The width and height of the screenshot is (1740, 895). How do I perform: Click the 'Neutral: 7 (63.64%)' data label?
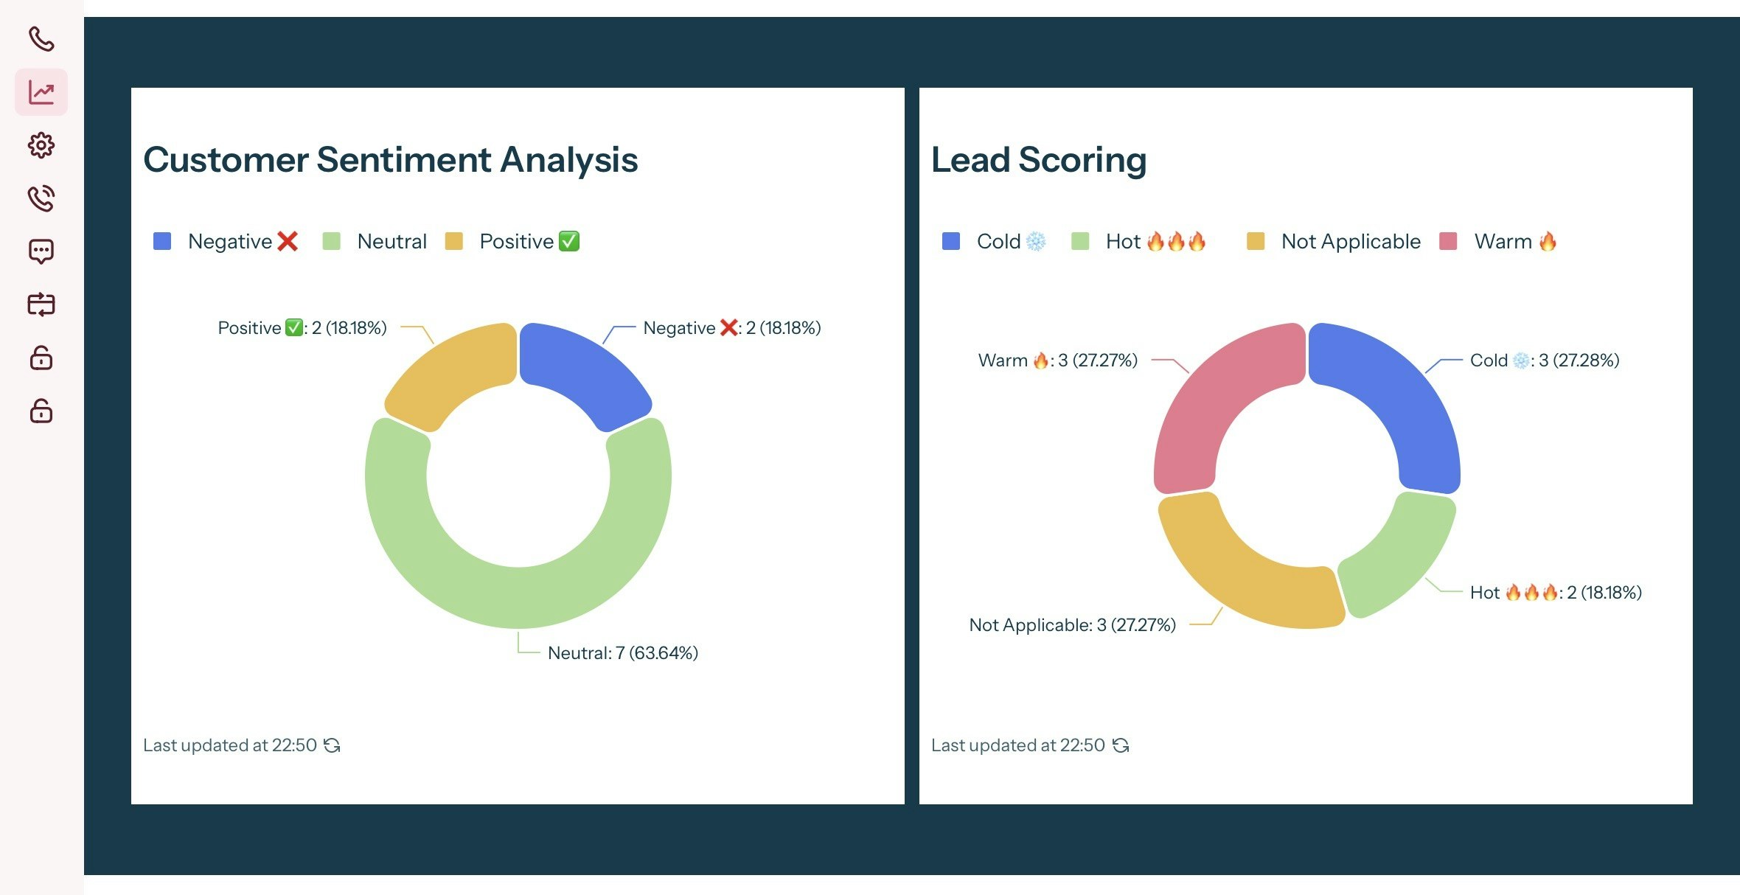point(622,653)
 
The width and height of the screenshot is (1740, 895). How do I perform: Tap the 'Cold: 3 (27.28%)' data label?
point(1544,361)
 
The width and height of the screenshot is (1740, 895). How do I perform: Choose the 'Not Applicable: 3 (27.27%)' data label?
point(1072,625)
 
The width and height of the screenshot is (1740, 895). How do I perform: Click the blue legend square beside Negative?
point(162,241)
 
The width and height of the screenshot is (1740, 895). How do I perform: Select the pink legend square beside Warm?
point(1448,241)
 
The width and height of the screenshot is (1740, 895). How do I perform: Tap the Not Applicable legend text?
point(1351,241)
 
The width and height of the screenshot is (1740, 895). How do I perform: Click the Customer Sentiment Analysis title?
point(390,159)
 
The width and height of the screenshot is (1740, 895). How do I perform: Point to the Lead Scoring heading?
point(1038,159)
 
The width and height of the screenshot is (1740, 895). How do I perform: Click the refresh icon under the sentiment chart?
point(333,745)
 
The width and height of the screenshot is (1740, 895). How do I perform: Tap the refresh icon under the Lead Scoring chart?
point(1121,745)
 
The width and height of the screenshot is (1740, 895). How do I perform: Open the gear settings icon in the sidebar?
point(41,145)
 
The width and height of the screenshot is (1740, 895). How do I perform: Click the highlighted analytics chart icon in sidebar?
point(41,92)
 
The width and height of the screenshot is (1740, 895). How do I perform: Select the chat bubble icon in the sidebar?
point(41,251)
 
